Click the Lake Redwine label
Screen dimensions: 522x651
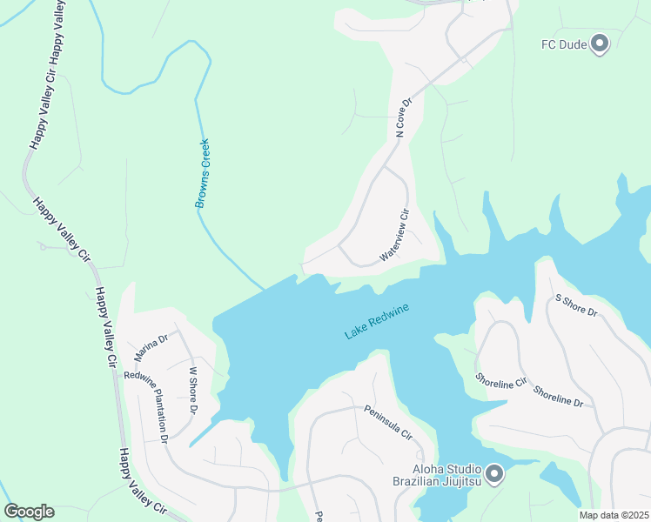(376, 321)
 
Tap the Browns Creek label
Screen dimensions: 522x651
(202, 173)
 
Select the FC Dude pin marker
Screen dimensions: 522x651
(600, 42)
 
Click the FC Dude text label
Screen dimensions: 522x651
(562, 43)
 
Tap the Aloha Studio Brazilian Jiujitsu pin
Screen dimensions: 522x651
(494, 474)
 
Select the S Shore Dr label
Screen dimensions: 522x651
(576, 305)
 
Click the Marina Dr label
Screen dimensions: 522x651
(151, 346)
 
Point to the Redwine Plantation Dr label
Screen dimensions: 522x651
(145, 406)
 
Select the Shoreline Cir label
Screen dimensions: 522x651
(501, 381)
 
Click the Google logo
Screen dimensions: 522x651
(29, 512)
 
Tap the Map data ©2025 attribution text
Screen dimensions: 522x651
(614, 515)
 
